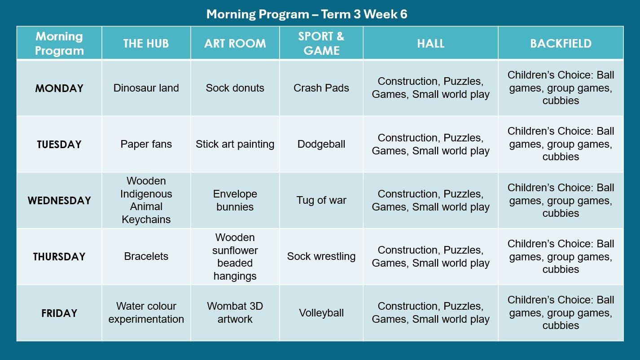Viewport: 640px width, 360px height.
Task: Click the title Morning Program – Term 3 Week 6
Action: pyautogui.click(x=307, y=14)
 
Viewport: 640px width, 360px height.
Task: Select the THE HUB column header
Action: pyautogui.click(x=146, y=44)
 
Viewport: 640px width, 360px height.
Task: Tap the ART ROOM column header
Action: pyautogui.click(x=235, y=44)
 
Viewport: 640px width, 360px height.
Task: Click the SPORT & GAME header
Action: pyautogui.click(x=321, y=44)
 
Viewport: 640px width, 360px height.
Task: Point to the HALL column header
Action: pyautogui.click(x=430, y=44)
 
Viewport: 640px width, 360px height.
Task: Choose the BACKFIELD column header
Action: pyautogui.click(x=561, y=44)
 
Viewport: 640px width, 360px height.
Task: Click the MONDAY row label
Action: pyautogui.click(x=59, y=88)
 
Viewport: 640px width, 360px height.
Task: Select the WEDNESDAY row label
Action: pyautogui.click(x=59, y=200)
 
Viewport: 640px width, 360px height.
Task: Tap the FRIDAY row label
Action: pyautogui.click(x=59, y=313)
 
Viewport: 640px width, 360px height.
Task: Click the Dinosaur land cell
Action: pyautogui.click(x=146, y=88)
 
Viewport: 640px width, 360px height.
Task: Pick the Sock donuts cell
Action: pyautogui.click(x=235, y=88)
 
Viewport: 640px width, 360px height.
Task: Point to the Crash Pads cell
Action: pyautogui.click(x=321, y=88)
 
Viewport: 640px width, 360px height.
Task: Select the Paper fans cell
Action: pyautogui.click(x=146, y=144)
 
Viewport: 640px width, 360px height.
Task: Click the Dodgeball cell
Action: pyautogui.click(x=321, y=144)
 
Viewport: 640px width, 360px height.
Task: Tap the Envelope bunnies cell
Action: pyautogui.click(x=235, y=200)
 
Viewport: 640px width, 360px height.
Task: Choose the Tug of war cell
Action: pyautogui.click(x=321, y=200)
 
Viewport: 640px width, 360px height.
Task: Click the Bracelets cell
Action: pyautogui.click(x=146, y=256)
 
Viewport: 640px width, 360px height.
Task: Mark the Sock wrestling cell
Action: pyautogui.click(x=321, y=256)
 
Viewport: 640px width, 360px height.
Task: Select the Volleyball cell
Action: pyautogui.click(x=321, y=313)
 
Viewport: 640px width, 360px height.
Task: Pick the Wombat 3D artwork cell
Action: pyautogui.click(x=235, y=312)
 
